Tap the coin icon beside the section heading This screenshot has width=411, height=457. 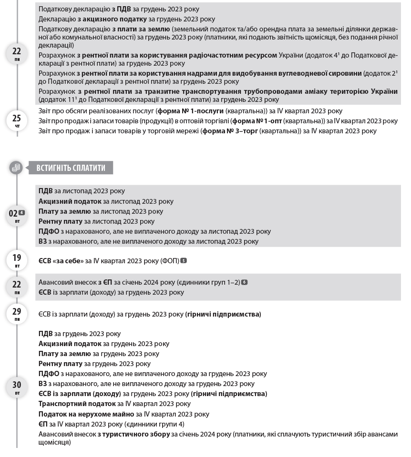16,168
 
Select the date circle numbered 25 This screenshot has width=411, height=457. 17,120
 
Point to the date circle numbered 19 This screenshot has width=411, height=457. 17,260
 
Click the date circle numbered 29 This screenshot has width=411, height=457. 17,313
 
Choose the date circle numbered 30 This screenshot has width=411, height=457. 17,387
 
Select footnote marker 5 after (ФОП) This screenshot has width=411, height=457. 184,261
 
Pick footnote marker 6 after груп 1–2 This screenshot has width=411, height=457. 244,282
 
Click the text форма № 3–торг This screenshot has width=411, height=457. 229,131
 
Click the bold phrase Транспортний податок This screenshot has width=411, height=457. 70,404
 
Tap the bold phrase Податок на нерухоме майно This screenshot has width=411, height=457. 86,414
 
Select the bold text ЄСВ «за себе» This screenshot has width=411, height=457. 61,261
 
